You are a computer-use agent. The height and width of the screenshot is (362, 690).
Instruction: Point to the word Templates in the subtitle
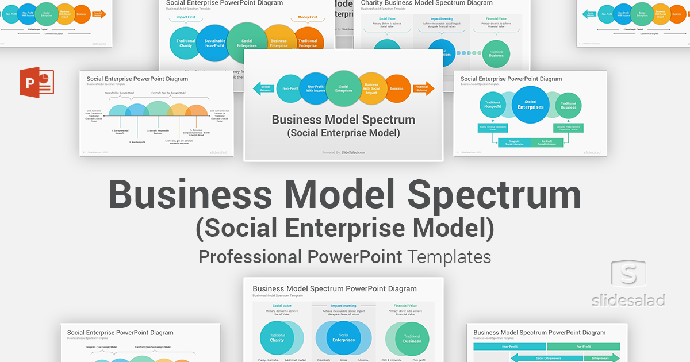(449, 256)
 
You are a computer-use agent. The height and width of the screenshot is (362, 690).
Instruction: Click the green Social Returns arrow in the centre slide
(263, 88)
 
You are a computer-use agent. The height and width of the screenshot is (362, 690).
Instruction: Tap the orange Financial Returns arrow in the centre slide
(423, 88)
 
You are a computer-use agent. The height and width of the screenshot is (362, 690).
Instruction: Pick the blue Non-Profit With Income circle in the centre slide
(315, 88)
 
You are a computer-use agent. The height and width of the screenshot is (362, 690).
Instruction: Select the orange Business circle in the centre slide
(396, 88)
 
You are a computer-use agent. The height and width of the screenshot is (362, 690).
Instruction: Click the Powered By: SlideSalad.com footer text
(343, 152)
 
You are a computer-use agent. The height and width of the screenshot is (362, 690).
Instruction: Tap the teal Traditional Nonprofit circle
(493, 105)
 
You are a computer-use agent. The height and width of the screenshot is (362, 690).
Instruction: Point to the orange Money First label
(308, 17)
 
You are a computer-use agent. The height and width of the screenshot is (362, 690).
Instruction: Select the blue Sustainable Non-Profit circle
(214, 43)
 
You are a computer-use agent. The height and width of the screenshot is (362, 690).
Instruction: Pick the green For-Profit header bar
(583, 346)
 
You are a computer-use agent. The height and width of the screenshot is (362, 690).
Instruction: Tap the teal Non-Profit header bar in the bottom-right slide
(509, 346)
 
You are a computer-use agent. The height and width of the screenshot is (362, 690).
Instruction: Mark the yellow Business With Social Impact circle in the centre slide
(372, 89)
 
